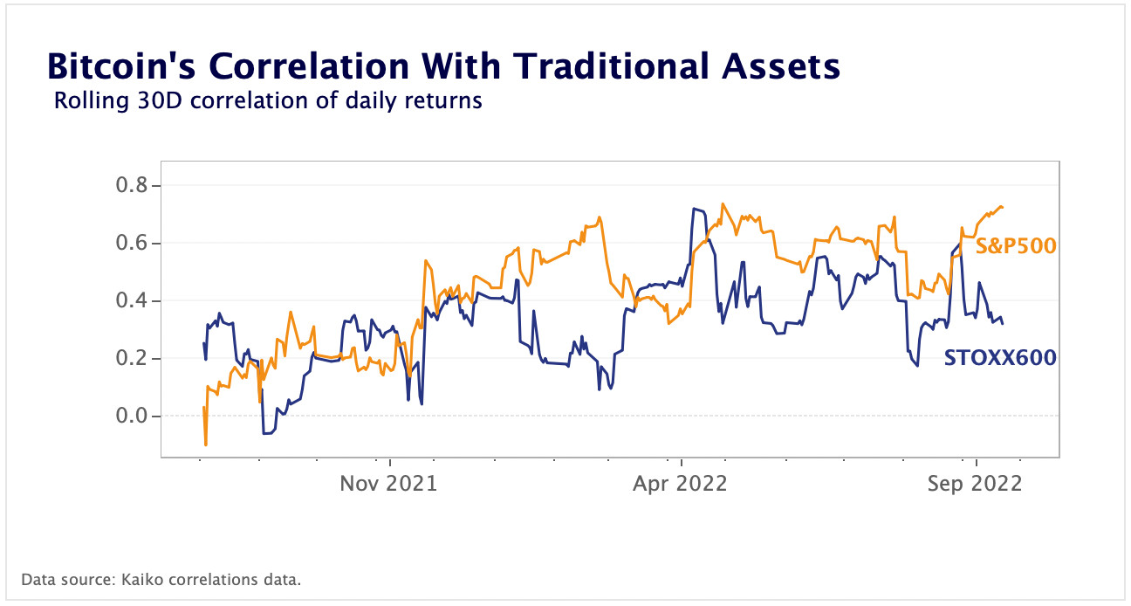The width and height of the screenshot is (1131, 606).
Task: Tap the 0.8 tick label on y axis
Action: [133, 185]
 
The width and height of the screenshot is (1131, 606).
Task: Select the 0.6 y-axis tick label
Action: [133, 243]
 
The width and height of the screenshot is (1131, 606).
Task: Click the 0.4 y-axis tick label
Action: [133, 300]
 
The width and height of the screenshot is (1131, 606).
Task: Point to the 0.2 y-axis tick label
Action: [133, 358]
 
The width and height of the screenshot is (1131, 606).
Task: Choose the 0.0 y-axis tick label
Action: [133, 416]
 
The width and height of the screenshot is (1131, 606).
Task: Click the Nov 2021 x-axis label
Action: [388, 483]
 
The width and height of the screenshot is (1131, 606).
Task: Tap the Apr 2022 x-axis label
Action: [680, 483]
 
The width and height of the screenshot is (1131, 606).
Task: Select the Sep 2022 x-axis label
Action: [975, 483]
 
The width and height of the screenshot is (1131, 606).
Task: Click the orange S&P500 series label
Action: [1015, 246]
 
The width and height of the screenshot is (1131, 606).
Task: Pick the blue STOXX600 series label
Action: [1000, 357]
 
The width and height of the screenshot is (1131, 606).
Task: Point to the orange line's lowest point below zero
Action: [205, 445]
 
